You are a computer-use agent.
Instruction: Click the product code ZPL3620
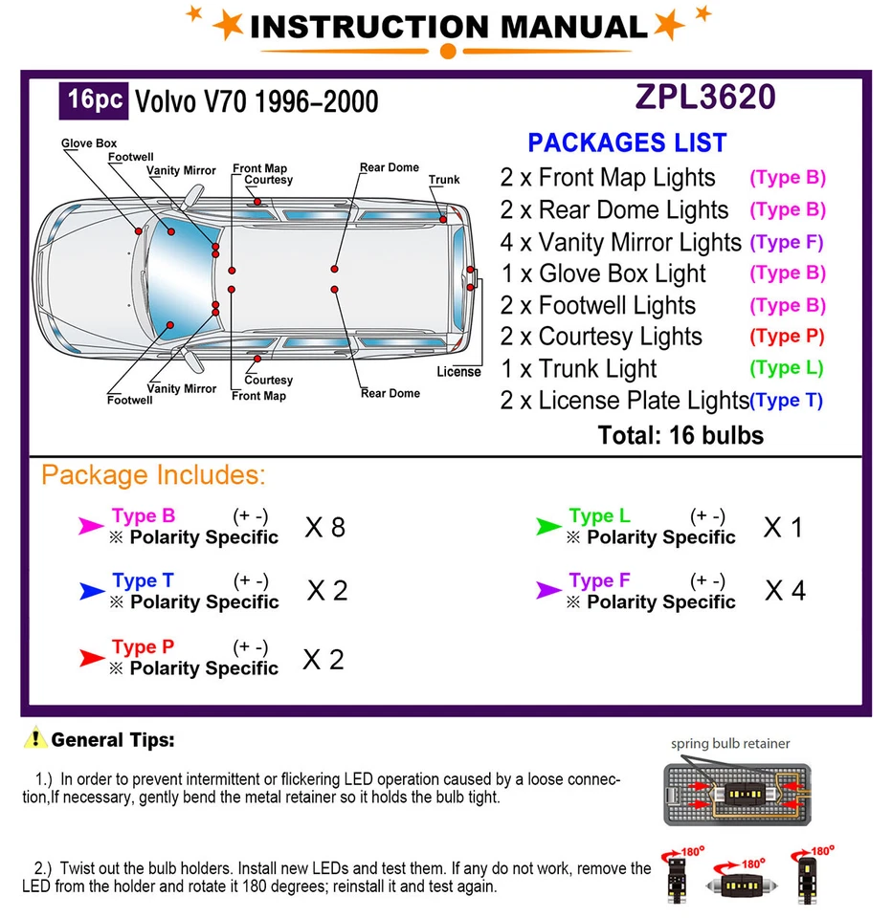(x=704, y=98)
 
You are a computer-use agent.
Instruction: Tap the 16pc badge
(x=95, y=100)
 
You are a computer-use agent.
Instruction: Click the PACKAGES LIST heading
(x=627, y=143)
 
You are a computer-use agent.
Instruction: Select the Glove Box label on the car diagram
(x=88, y=144)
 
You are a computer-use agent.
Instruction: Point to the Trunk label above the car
(x=444, y=180)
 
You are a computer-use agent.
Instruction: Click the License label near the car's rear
(x=458, y=372)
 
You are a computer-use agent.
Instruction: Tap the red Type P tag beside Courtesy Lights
(x=787, y=337)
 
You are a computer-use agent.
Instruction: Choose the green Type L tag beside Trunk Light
(x=787, y=368)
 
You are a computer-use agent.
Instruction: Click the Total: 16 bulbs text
(x=680, y=436)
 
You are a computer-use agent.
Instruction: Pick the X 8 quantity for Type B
(x=324, y=527)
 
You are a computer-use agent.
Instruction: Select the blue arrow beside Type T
(x=92, y=592)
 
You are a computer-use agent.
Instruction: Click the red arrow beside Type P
(x=92, y=658)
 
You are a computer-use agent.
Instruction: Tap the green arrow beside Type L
(x=548, y=526)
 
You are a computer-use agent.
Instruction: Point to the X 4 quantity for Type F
(x=785, y=591)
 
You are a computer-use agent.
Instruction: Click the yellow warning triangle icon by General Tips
(x=36, y=738)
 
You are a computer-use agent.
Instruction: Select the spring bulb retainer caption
(x=730, y=743)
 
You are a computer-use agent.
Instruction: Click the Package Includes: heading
(x=153, y=475)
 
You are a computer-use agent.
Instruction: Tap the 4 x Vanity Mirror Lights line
(x=620, y=242)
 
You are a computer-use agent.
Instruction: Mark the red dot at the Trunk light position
(x=444, y=220)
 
